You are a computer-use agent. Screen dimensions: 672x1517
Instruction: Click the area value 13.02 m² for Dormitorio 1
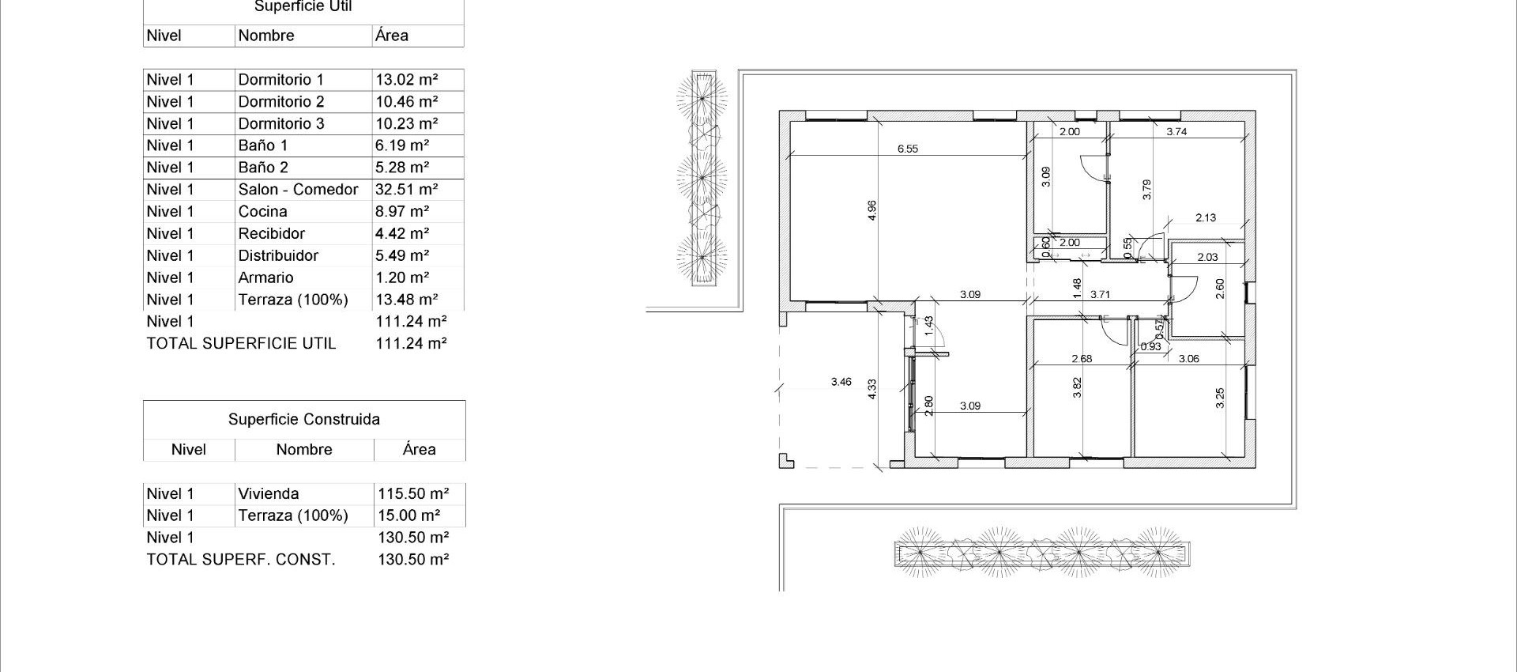(406, 80)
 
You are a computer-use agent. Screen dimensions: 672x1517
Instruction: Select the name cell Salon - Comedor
(298, 190)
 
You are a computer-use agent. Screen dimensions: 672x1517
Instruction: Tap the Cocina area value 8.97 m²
(402, 212)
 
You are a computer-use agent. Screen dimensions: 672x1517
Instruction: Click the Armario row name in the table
(265, 278)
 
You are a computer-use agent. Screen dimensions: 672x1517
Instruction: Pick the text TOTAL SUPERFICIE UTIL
(241, 344)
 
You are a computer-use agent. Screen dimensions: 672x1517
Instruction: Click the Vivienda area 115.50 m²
(413, 494)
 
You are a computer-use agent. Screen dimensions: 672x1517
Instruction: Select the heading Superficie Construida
(304, 420)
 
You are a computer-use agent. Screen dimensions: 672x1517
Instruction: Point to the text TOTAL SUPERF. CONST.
(241, 560)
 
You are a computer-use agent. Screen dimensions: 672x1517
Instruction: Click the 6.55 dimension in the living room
(908, 149)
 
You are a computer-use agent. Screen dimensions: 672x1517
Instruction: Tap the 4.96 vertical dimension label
(872, 210)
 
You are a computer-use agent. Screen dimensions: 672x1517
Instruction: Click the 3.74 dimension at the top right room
(1176, 132)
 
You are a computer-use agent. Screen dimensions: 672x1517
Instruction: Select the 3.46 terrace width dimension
(841, 382)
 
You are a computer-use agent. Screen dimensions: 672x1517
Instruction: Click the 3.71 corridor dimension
(1100, 294)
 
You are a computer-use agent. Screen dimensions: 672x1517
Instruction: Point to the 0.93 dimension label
(1150, 347)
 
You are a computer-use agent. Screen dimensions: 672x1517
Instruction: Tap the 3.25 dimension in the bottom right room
(1220, 398)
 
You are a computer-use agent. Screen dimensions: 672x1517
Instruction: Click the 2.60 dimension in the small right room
(1220, 289)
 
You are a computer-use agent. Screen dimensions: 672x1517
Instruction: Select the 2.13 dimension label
(1206, 218)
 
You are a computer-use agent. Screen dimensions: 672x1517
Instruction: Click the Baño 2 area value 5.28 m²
(402, 168)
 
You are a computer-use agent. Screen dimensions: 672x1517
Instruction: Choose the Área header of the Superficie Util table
(392, 36)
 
